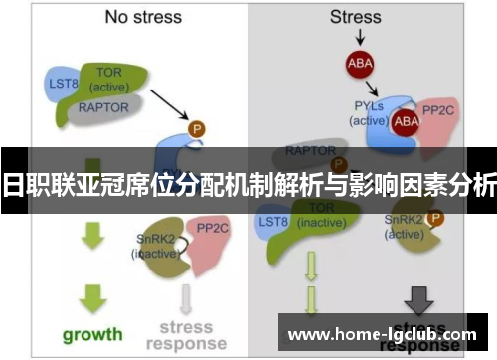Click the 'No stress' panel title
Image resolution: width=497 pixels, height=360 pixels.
point(144,17)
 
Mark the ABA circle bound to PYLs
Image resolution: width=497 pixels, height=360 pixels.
point(407,121)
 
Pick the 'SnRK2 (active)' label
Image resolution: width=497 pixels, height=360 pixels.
point(402,228)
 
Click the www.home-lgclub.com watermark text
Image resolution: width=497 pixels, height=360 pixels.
point(382,335)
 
